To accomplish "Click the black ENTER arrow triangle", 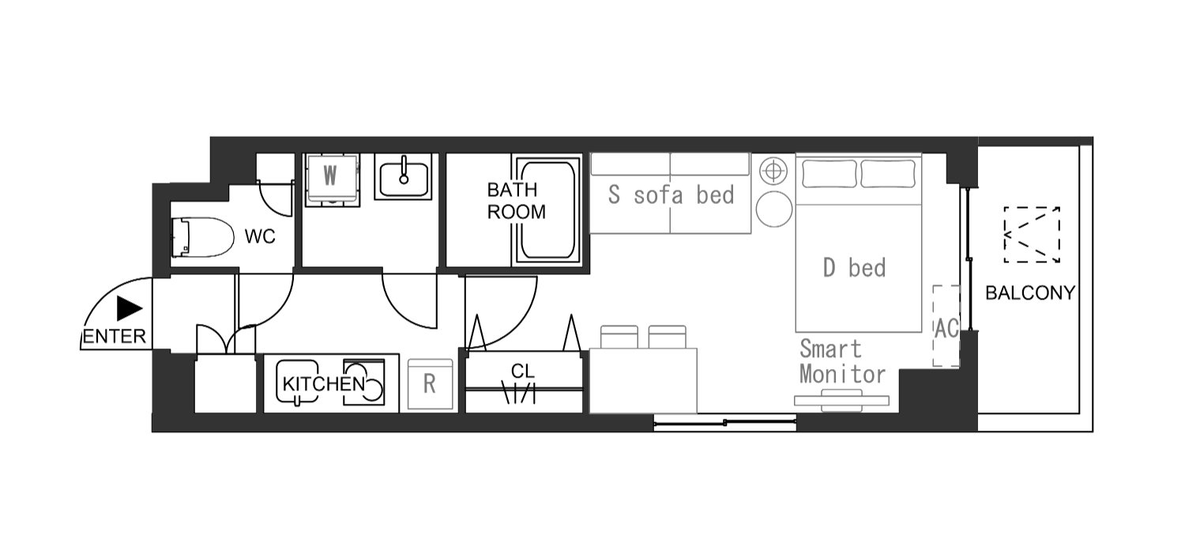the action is [x=129, y=308].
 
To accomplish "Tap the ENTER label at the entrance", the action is [x=115, y=336].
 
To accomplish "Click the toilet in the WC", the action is [x=202, y=237].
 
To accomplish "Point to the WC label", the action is [x=260, y=236].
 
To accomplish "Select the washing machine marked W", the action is [x=332, y=180].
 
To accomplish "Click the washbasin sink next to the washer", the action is [x=403, y=177].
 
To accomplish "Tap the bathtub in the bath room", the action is [x=547, y=209].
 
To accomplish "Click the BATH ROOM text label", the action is [x=516, y=201].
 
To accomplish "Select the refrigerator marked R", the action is [x=430, y=384].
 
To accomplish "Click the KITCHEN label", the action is [x=324, y=383].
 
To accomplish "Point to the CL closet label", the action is [x=523, y=371].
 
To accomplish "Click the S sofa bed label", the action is [x=671, y=194].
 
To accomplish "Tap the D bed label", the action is [x=854, y=268].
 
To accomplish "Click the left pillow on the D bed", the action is [x=829, y=174].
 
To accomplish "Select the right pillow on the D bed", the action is [x=888, y=174].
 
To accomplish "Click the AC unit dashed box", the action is [x=946, y=326].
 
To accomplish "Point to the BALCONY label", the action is [x=1030, y=292].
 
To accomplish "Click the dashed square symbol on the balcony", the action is [x=1032, y=235].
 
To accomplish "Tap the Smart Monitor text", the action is [x=842, y=361].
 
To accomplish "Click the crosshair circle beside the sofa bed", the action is [x=773, y=171].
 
